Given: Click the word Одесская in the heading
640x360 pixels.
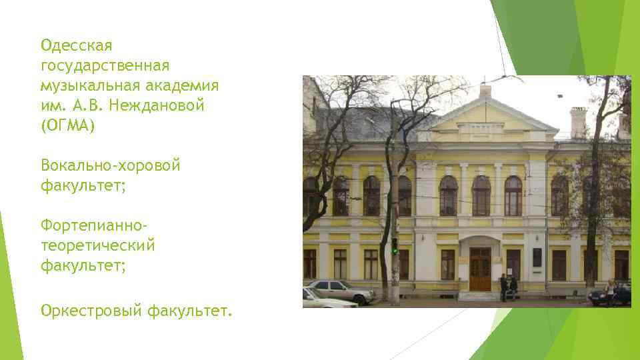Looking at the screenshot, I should pyautogui.click(x=76, y=46).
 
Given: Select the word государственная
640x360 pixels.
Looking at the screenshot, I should pyautogui.click(x=105, y=66).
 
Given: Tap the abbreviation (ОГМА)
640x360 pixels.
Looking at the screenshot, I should pyautogui.click(x=68, y=126).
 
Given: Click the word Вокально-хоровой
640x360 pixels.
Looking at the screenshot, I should pyautogui.click(x=110, y=165).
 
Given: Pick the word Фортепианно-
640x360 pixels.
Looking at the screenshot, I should pyautogui.click(x=101, y=225).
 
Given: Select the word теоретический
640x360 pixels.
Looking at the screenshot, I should pyautogui.click(x=98, y=245).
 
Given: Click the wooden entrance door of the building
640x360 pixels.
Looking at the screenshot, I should pyautogui.click(x=479, y=269).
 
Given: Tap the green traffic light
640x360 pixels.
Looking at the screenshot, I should pyautogui.click(x=395, y=250).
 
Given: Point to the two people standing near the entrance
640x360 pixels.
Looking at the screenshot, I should pyautogui.click(x=509, y=287).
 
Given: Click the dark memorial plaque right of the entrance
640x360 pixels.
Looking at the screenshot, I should pyautogui.click(x=537, y=258).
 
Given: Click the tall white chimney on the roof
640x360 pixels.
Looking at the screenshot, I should pyautogui.click(x=577, y=123).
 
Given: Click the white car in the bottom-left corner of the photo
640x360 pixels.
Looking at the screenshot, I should pyautogui.click(x=327, y=300).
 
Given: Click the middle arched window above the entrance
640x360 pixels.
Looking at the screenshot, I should pyautogui.click(x=481, y=195).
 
